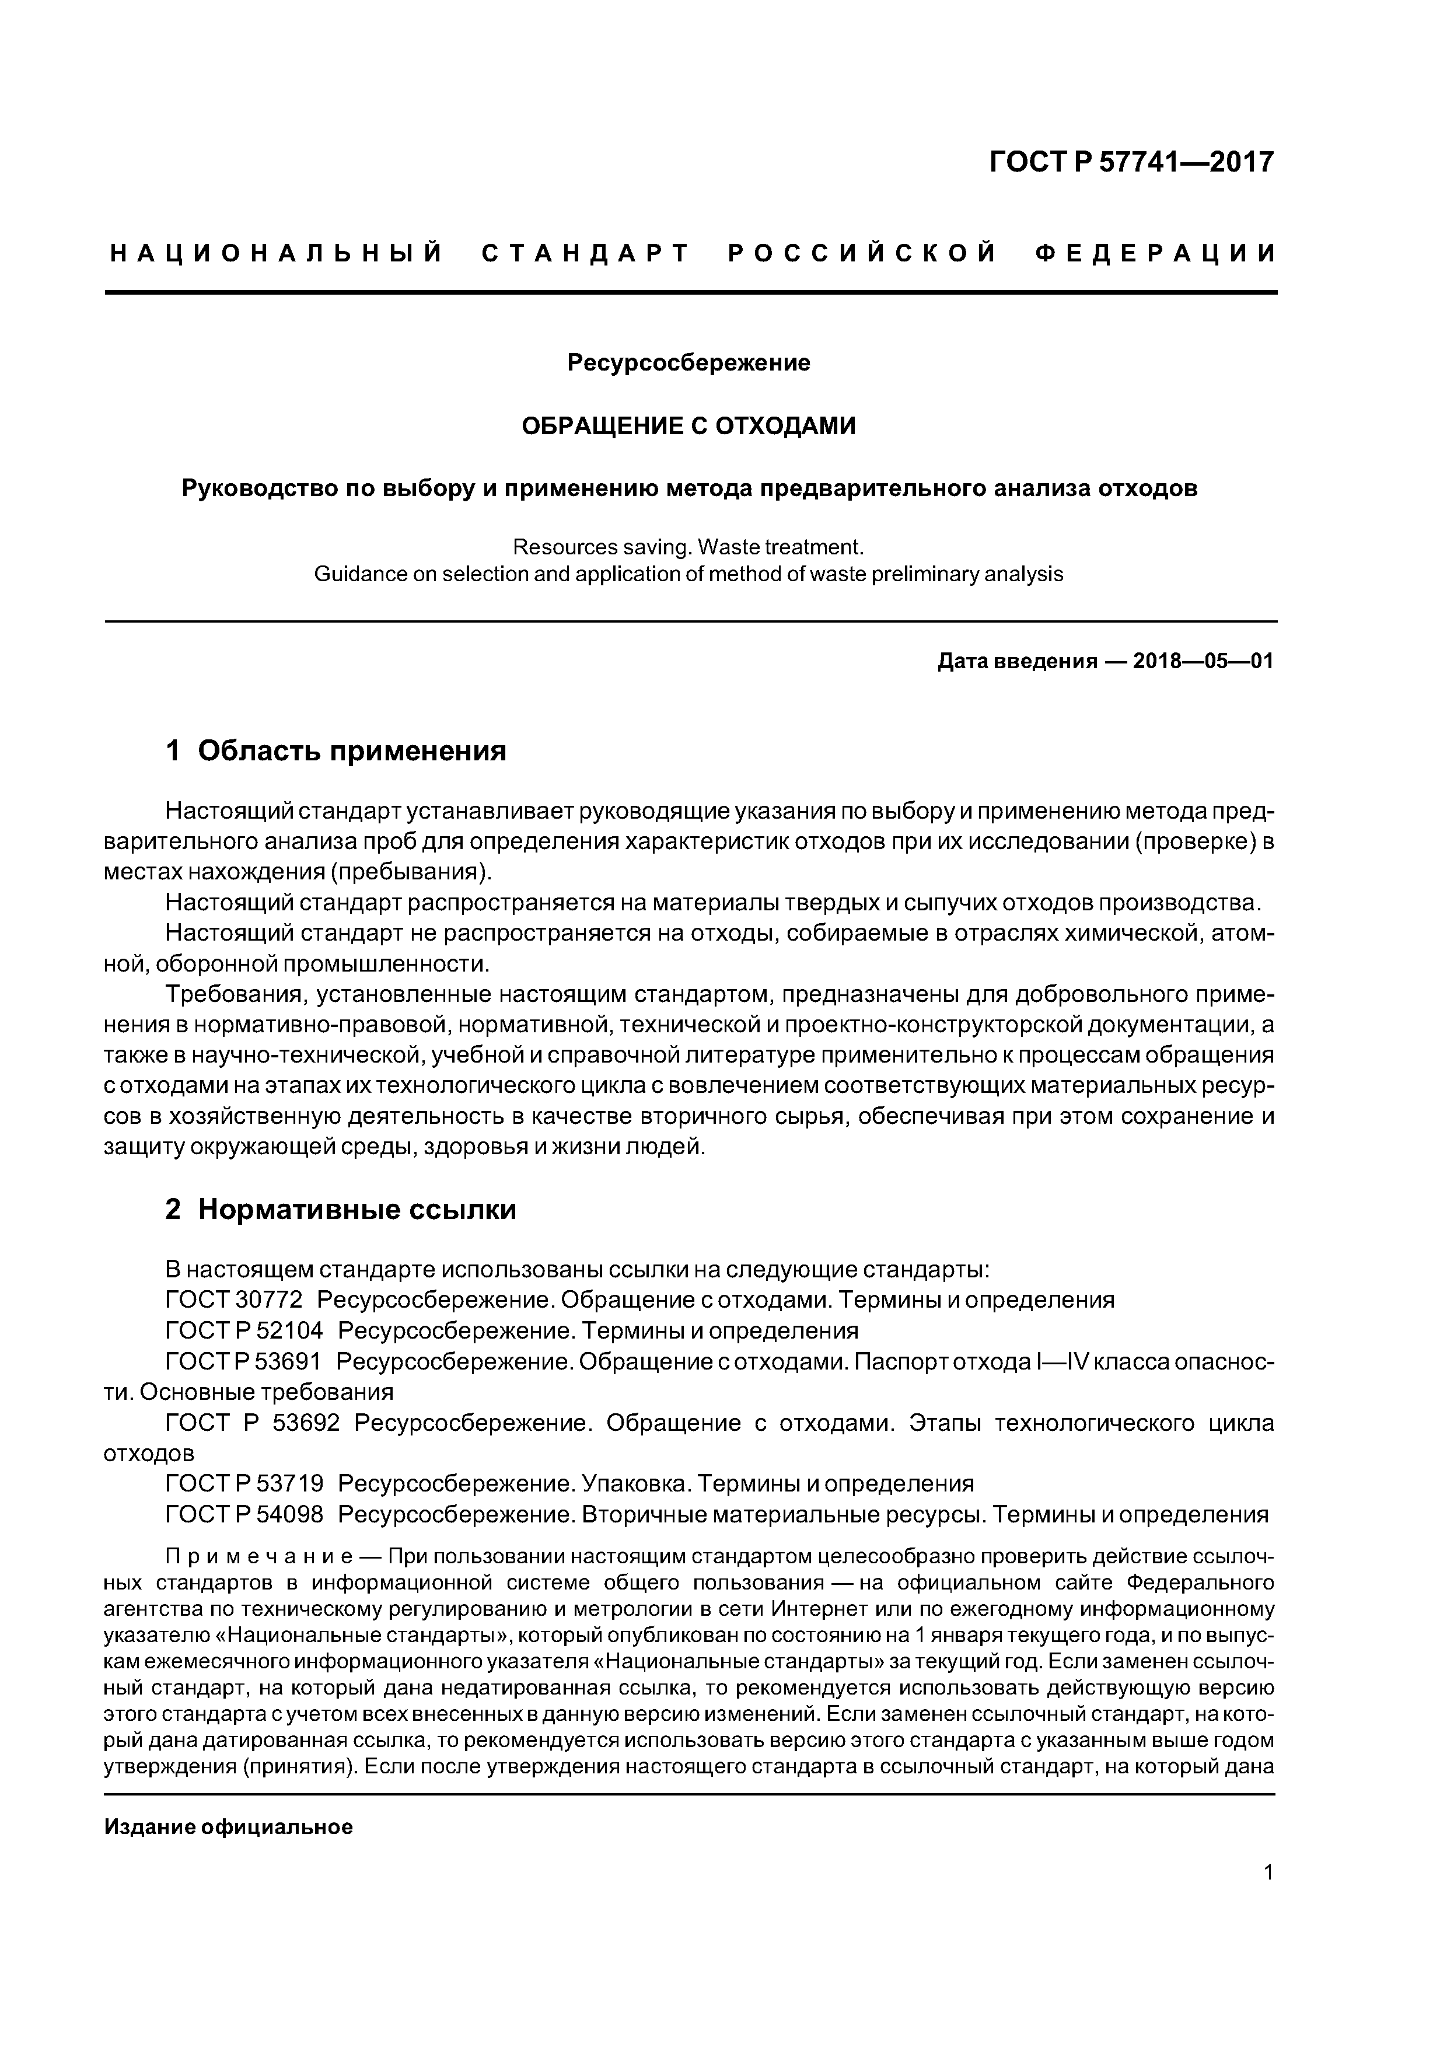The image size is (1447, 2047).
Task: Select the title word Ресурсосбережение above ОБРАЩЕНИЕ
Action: click(688, 363)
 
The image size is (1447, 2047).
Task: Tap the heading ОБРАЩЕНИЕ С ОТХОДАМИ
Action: click(688, 426)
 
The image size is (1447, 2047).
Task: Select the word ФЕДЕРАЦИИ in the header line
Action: click(1156, 254)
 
